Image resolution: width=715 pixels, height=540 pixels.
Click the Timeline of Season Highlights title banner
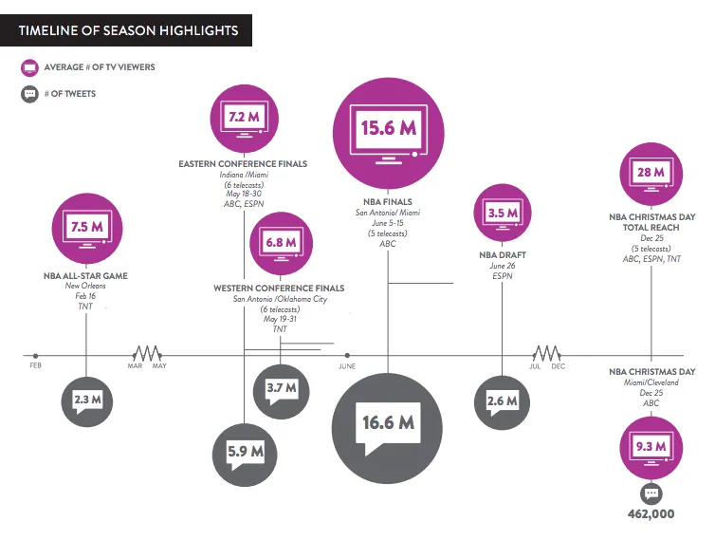point(127,31)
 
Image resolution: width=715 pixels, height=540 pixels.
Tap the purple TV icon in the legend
point(29,67)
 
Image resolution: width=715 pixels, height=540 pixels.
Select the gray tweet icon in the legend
point(29,94)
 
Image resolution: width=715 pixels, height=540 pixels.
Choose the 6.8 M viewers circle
point(281,242)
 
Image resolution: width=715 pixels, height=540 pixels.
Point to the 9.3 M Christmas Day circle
point(651,445)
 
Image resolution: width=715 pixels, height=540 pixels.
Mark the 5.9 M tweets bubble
point(245,452)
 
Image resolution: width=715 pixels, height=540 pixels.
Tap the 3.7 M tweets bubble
point(282,388)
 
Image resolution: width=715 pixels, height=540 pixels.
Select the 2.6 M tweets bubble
point(502,401)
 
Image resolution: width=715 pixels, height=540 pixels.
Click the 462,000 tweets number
point(651,514)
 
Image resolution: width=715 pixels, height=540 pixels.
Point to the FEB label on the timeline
point(35,365)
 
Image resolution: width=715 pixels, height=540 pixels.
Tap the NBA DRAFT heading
point(502,255)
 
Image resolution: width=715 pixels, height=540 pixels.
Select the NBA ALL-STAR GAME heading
point(87,275)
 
